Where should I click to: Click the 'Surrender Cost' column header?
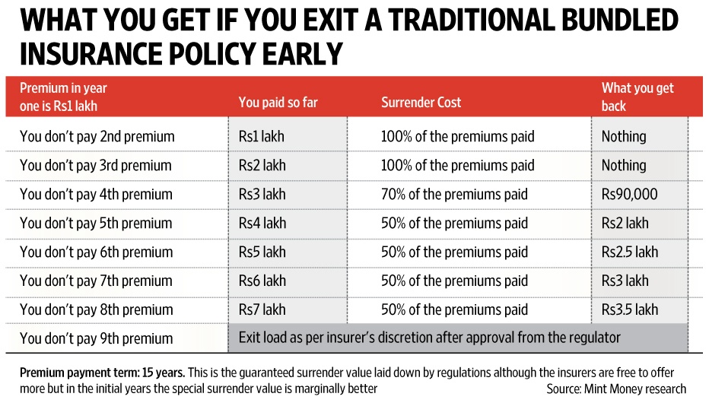(421, 103)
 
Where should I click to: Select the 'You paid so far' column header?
(278, 103)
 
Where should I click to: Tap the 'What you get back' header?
(637, 97)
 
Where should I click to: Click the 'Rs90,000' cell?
(629, 195)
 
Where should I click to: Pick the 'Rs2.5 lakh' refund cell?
(629, 252)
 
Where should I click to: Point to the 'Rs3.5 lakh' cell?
(629, 310)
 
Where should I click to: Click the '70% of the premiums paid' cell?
(454, 195)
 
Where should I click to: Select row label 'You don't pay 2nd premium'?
(97, 137)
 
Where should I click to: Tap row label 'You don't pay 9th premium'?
(97, 339)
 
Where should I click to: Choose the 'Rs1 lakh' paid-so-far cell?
(262, 137)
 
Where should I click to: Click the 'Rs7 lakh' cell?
(262, 310)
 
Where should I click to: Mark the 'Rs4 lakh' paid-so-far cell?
(262, 224)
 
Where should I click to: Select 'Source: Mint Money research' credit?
(616, 389)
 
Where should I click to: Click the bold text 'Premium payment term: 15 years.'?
(106, 373)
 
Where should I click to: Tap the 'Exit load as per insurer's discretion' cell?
(430, 338)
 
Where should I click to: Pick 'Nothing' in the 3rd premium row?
(624, 166)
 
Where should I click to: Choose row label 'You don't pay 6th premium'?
(97, 252)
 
